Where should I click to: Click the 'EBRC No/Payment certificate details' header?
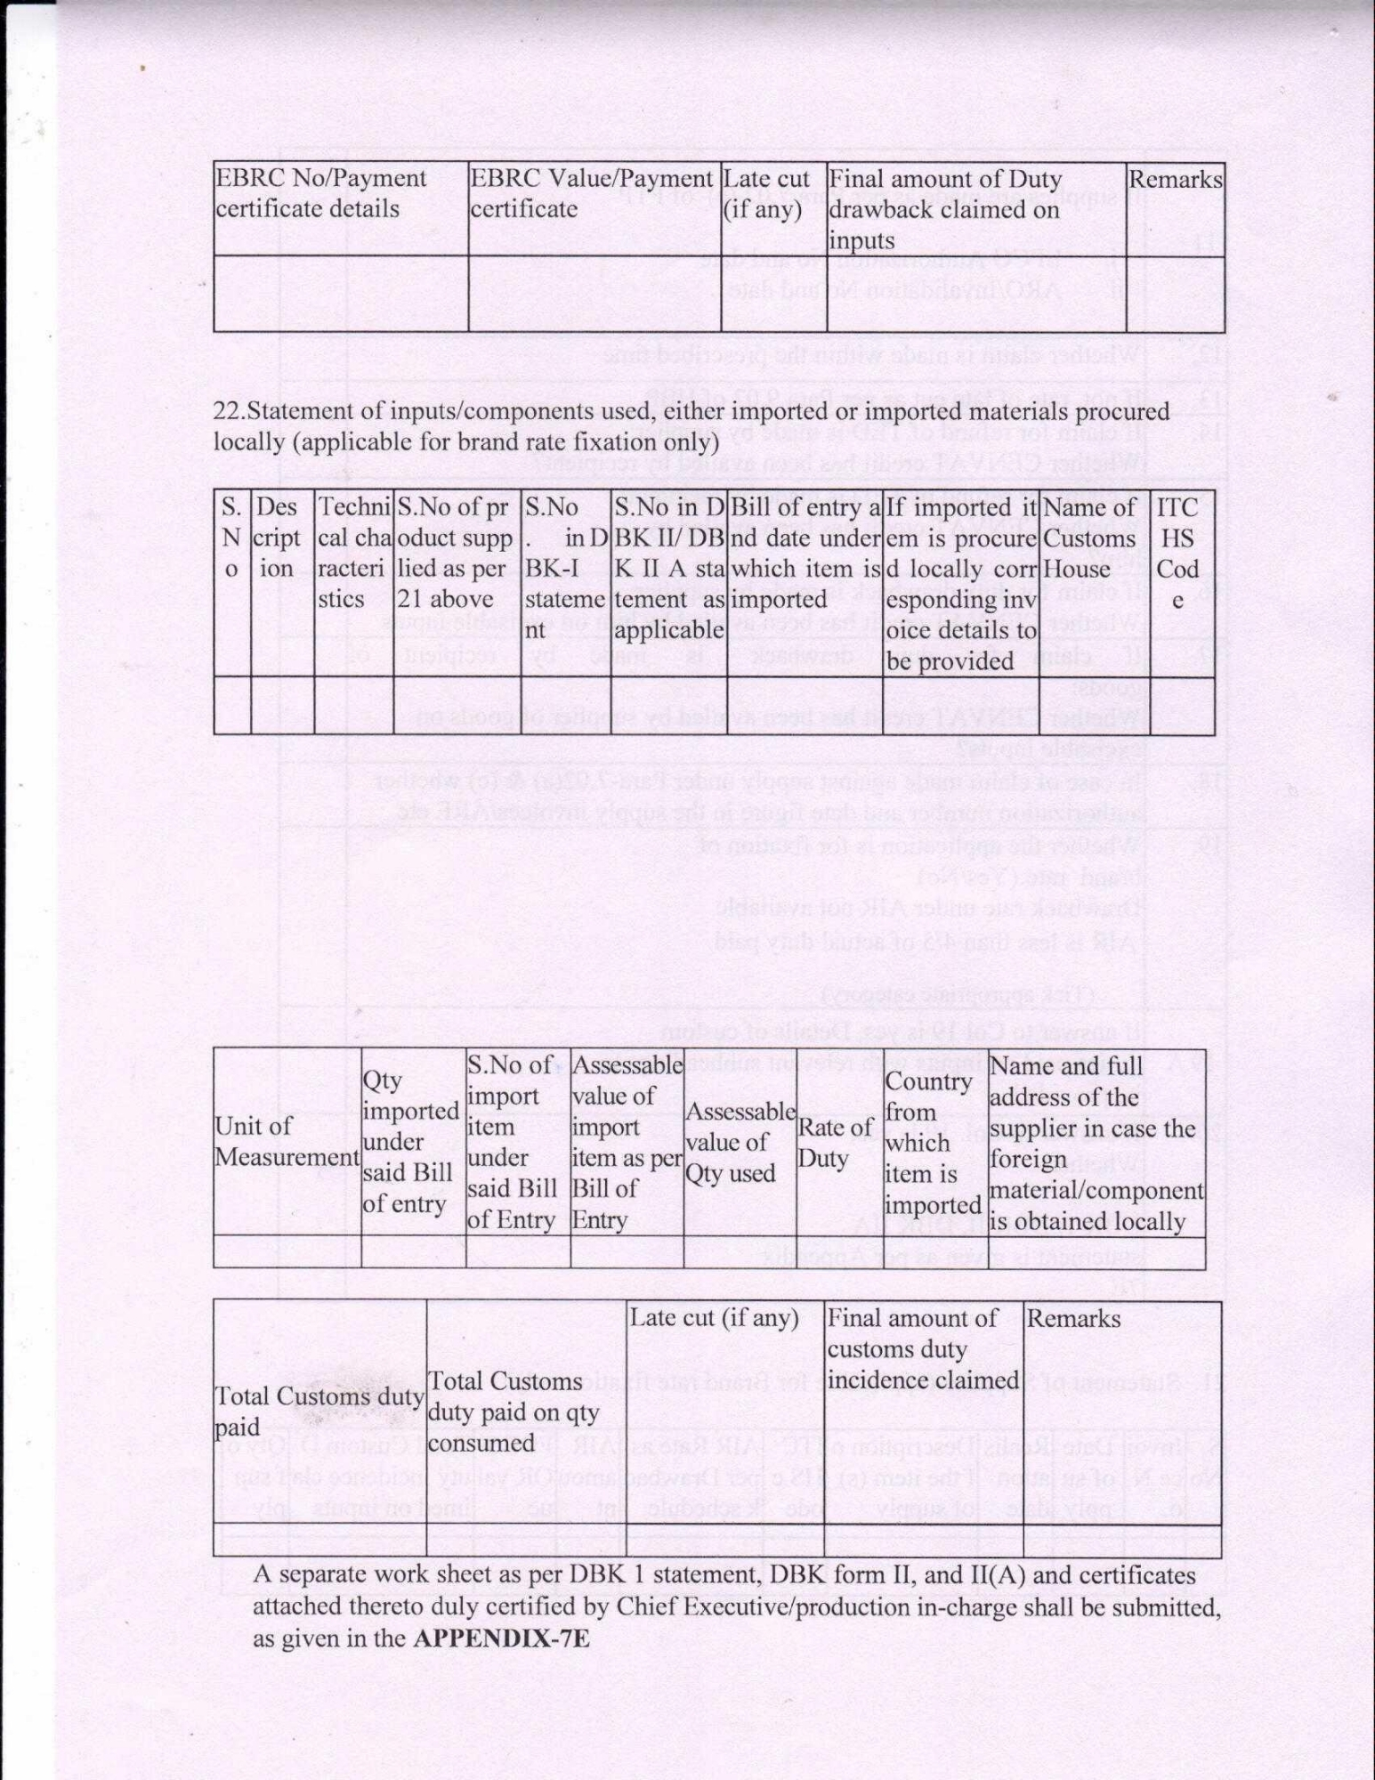click(x=320, y=193)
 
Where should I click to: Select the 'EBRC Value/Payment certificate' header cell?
click(x=591, y=193)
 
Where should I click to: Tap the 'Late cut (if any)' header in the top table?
click(x=766, y=194)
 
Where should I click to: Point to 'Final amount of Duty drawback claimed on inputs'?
click(x=944, y=209)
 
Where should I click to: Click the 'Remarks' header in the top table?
click(x=1175, y=179)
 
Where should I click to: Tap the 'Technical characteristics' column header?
click(x=354, y=553)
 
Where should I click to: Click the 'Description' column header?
click(x=282, y=538)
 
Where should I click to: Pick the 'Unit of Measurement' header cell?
click(x=287, y=1141)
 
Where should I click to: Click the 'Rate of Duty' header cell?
click(x=835, y=1141)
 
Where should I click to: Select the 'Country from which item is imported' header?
click(x=934, y=1142)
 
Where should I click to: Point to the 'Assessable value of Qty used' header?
click(x=739, y=1142)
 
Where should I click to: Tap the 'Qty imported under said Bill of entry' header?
click(x=411, y=1142)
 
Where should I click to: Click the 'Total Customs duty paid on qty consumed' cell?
click(x=505, y=1412)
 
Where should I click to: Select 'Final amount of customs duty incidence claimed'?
click(x=922, y=1348)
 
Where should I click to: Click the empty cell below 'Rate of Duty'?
click(x=838, y=1251)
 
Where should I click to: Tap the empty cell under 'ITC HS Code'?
click(x=1181, y=705)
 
